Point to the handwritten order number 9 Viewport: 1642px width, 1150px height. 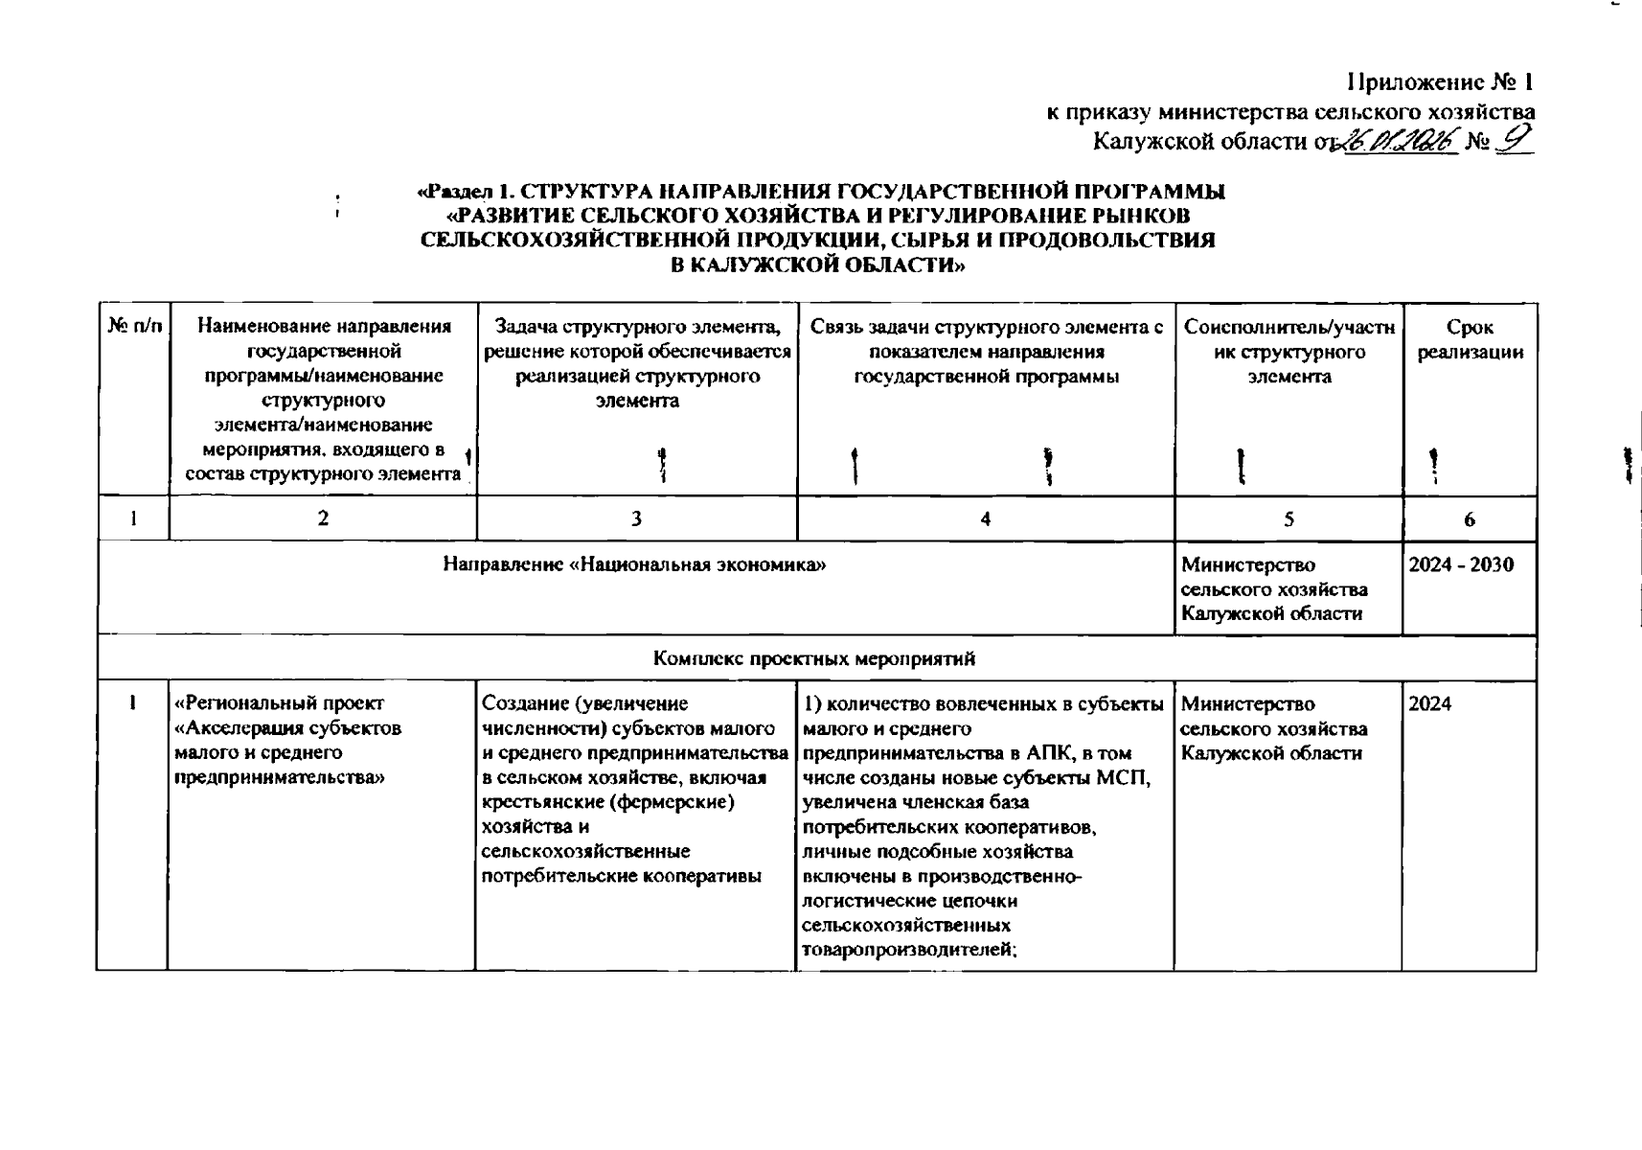(x=1515, y=140)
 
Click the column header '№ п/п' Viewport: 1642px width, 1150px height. (x=134, y=328)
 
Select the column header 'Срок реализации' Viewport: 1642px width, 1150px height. (x=1470, y=340)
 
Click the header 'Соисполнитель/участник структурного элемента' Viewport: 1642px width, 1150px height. (x=1289, y=352)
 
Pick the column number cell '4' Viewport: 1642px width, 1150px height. (x=985, y=518)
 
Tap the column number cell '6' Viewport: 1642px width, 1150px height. (x=1469, y=518)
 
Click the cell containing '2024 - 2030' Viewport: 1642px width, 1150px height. (x=1461, y=565)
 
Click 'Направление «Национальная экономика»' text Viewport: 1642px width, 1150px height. (x=634, y=565)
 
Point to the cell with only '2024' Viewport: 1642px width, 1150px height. (x=1430, y=704)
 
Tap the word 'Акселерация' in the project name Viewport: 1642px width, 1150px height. (x=237, y=728)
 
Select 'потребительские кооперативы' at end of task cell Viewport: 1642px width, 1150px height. (x=622, y=876)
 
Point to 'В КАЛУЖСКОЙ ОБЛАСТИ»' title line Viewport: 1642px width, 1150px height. (x=817, y=265)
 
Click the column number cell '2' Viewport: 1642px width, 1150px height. (x=323, y=518)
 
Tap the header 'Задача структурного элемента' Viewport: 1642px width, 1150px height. (x=636, y=328)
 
